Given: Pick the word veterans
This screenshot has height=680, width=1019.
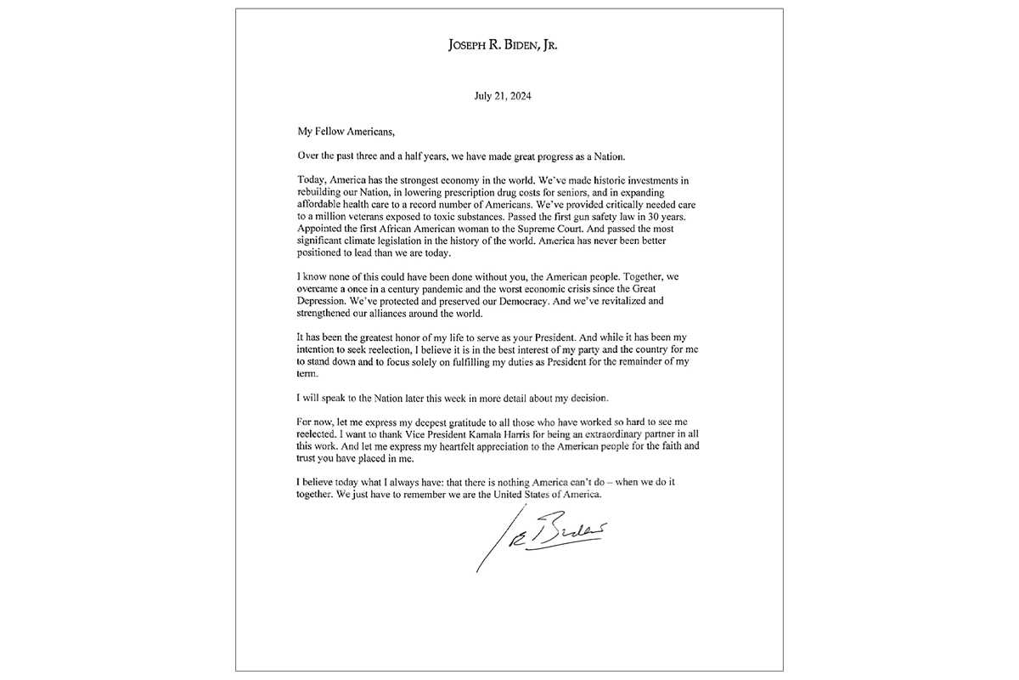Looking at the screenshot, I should [369, 218].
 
